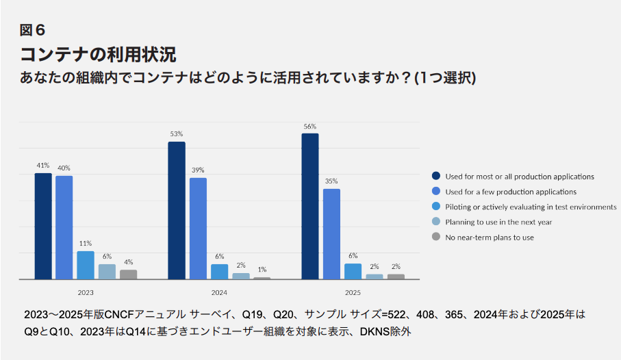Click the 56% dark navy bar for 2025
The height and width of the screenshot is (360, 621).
click(x=310, y=206)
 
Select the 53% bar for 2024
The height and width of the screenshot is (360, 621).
click(x=177, y=210)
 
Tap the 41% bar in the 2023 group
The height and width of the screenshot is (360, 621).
click(x=43, y=226)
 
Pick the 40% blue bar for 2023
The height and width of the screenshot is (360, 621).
click(x=64, y=227)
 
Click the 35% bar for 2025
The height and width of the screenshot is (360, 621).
click(x=331, y=233)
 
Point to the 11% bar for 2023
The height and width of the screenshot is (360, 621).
click(x=86, y=265)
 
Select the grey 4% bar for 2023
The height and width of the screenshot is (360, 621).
click(x=128, y=274)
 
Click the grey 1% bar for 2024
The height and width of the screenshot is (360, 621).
click(x=262, y=278)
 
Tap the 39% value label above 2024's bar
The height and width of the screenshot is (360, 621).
click(x=198, y=170)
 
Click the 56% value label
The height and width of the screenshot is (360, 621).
click(x=309, y=126)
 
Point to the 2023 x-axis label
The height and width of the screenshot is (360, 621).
click(x=86, y=292)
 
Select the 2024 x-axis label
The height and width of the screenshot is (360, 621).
click(x=219, y=292)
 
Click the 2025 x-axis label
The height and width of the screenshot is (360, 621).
click(x=353, y=292)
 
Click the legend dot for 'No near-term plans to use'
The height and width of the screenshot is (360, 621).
click(x=435, y=237)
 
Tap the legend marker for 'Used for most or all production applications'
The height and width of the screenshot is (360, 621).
click(x=435, y=177)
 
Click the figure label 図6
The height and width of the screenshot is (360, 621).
click(x=33, y=30)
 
